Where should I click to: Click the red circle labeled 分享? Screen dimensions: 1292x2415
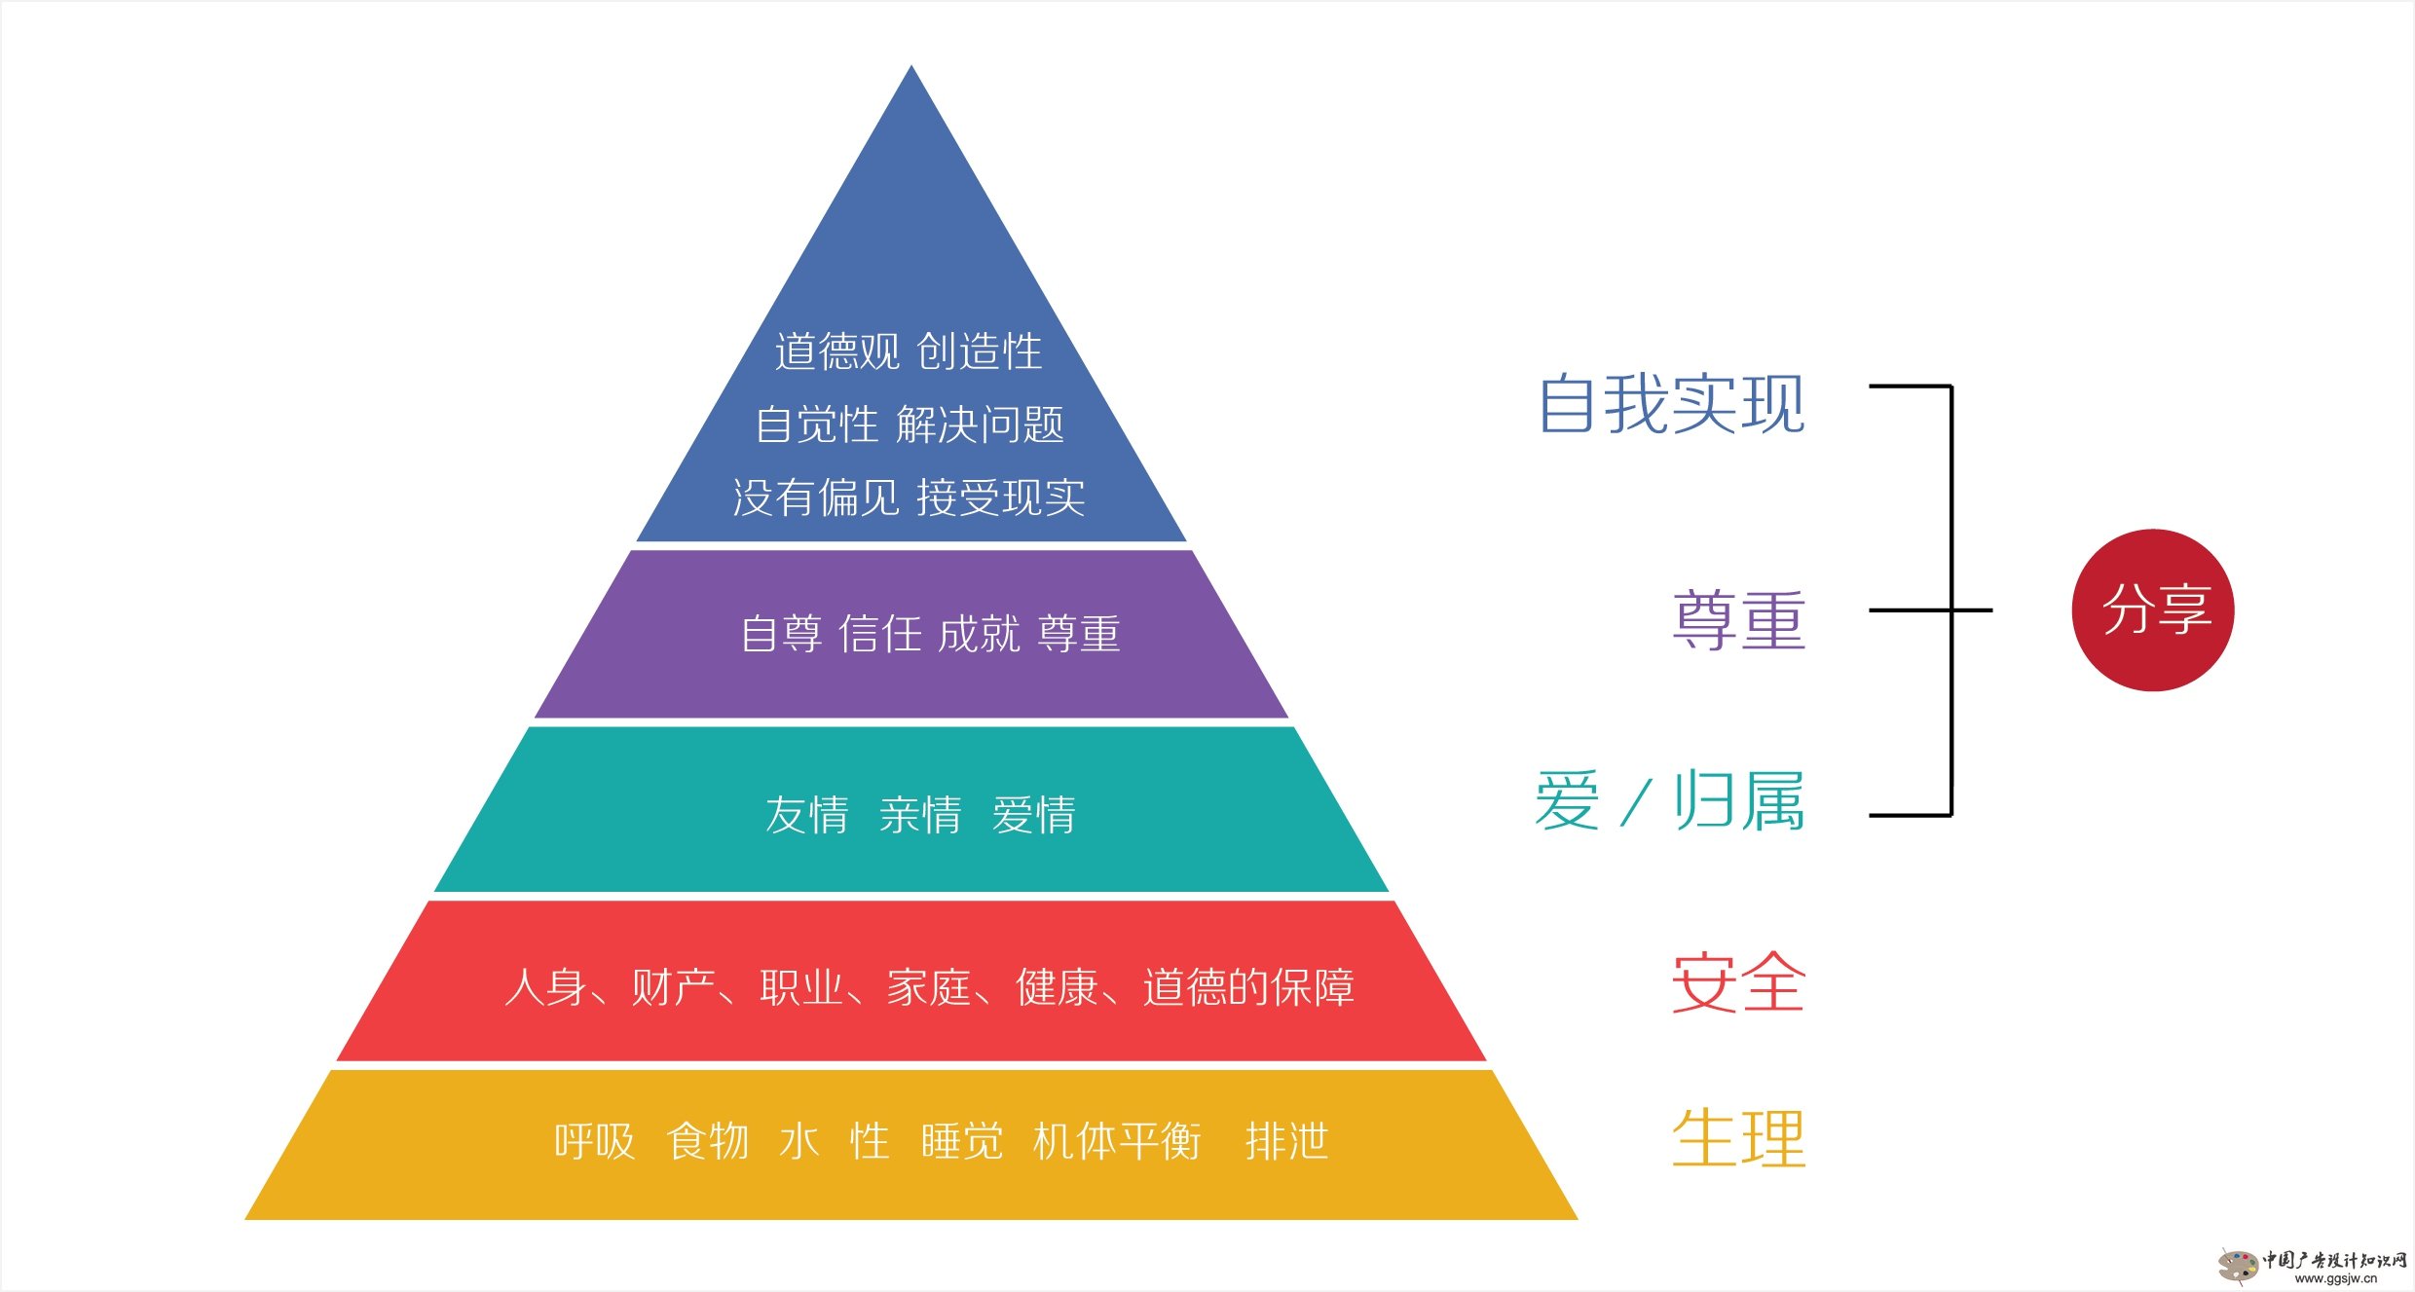[x=2152, y=610]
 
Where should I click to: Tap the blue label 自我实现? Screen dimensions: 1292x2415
[x=1671, y=404]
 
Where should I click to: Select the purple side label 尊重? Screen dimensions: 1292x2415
[x=1739, y=620]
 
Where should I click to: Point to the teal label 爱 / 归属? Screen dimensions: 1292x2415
[x=1669, y=800]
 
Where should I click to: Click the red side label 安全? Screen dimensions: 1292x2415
[x=1739, y=982]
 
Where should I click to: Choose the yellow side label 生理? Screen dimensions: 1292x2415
[x=1739, y=1137]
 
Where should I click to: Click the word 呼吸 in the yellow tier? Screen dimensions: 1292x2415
[x=594, y=1141]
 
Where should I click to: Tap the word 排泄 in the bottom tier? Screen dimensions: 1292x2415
[x=1286, y=1141]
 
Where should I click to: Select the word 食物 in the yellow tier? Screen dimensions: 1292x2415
[x=708, y=1141]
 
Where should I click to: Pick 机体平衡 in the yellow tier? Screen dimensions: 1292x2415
[x=1117, y=1141]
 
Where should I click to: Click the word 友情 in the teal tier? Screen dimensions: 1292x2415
[x=806, y=815]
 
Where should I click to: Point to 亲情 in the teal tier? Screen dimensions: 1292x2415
[x=920, y=815]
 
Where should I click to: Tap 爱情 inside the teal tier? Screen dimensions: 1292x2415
[x=1034, y=815]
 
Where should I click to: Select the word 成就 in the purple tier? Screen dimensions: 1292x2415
[x=980, y=634]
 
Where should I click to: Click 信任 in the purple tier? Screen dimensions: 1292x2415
[x=880, y=634]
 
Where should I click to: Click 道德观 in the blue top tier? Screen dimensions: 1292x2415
[x=837, y=351]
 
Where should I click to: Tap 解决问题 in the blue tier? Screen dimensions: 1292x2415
[x=980, y=425]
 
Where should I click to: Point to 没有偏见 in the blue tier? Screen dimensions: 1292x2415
[x=816, y=498]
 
